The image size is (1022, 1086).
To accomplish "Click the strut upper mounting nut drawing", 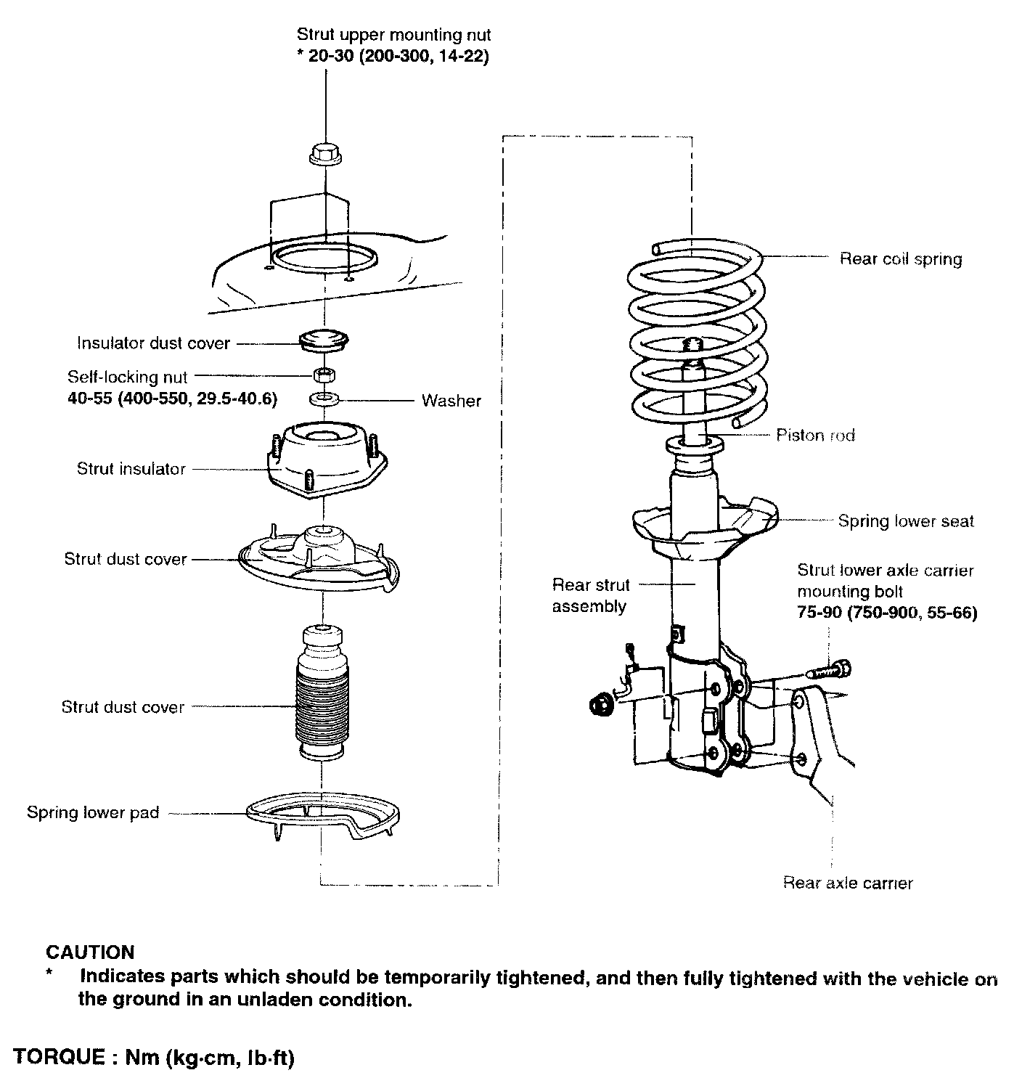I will point(326,154).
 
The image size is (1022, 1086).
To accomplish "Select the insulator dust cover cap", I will point(324,341).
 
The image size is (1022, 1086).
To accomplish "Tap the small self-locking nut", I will point(324,376).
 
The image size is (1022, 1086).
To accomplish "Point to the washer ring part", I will point(324,399).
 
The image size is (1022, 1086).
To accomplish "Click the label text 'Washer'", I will point(451,401).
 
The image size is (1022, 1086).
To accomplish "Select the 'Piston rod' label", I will point(815,435).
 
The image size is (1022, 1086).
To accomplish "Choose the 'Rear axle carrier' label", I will point(847,883).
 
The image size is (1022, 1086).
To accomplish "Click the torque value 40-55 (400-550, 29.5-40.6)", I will point(172,399).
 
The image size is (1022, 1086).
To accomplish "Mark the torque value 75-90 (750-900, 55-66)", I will point(887,613).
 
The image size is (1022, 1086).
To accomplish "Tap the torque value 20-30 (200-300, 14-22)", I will point(393,56).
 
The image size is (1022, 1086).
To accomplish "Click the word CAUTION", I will point(90,952).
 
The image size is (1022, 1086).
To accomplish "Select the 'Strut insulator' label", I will point(131,469).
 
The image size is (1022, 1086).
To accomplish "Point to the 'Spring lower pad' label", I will point(93,812).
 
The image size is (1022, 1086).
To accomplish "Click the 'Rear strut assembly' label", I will point(590,595).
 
